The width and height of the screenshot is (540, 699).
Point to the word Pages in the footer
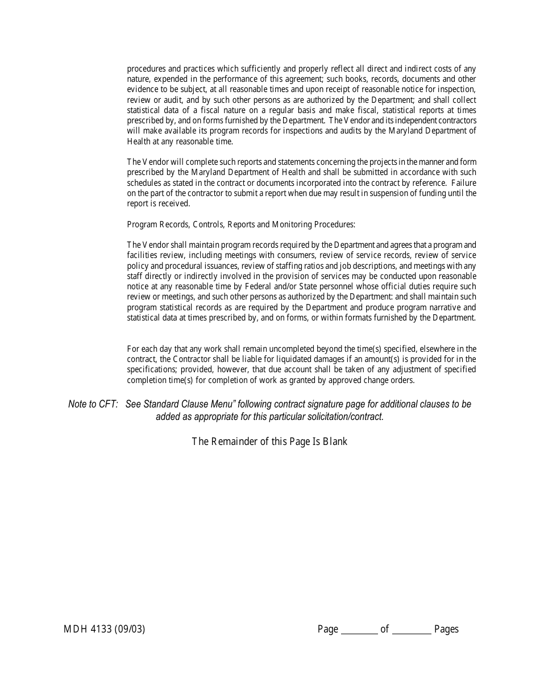click(x=446, y=629)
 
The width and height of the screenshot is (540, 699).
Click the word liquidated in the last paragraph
click(x=291, y=359)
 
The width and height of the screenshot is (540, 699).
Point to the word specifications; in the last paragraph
click(x=152, y=369)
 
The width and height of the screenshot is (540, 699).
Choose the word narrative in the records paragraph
click(x=430, y=307)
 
